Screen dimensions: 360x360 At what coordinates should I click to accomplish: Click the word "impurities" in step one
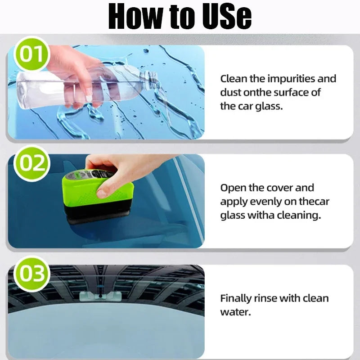coord(292,79)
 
